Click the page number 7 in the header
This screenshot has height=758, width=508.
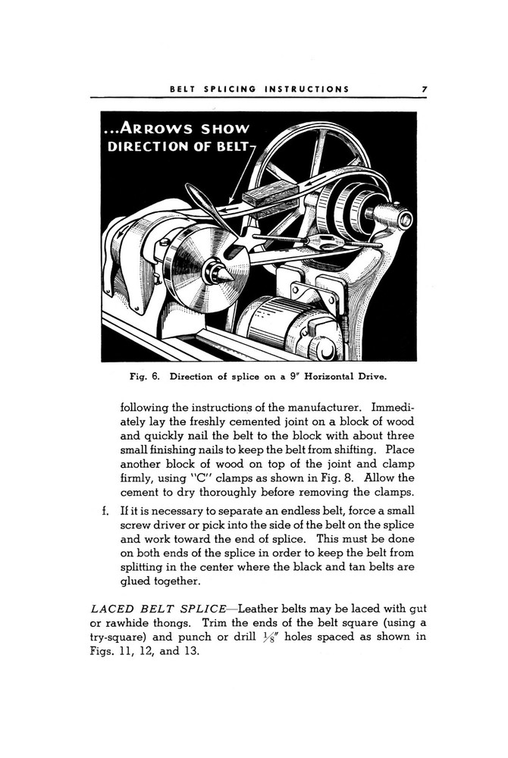[425, 89]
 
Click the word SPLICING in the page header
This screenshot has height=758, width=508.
[227, 89]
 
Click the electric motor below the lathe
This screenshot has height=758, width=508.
[281, 324]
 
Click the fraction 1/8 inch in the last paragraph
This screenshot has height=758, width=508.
[271, 637]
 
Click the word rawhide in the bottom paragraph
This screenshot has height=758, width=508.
[133, 624]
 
